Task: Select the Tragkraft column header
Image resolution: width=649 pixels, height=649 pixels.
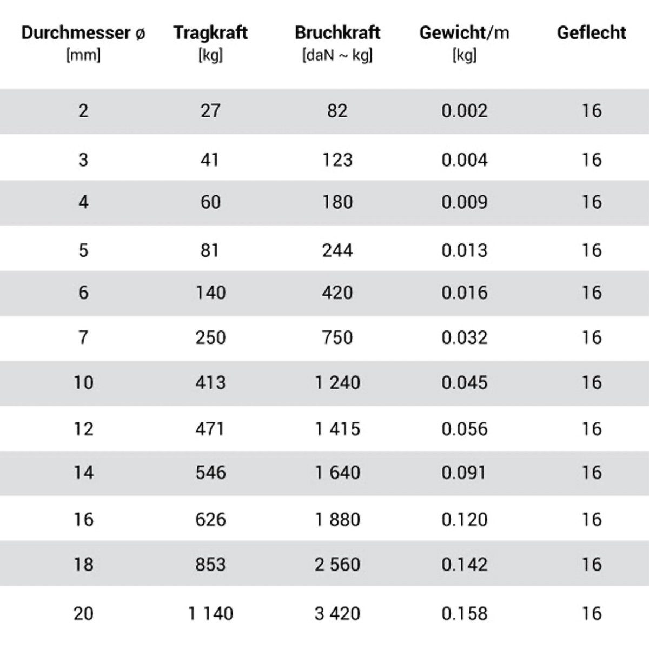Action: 210,33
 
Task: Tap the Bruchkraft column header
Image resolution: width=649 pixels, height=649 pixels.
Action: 337,33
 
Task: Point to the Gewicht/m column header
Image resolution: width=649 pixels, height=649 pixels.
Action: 464,33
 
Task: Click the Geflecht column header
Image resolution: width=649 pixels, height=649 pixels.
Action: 592,33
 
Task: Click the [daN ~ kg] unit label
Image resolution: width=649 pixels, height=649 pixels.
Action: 337,55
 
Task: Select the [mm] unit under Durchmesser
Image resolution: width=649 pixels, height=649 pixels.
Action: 83,55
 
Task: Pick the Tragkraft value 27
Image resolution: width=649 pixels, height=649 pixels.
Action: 210,111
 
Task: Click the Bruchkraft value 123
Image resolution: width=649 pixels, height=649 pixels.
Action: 337,160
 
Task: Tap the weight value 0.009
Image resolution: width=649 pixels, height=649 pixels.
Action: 464,202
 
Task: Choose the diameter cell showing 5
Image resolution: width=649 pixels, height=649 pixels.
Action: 83,250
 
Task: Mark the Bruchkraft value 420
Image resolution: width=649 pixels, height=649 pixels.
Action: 337,293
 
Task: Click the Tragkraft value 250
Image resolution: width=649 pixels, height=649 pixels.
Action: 210,338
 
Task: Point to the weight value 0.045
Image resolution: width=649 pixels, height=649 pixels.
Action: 464,383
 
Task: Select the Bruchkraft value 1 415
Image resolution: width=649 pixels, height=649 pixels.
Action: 337,429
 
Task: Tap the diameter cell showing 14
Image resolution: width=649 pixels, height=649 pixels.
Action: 83,473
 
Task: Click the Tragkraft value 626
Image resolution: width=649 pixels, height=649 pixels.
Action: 210,520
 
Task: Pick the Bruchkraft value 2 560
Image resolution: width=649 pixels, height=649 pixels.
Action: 337,565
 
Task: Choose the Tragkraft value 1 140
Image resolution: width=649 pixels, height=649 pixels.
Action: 210,613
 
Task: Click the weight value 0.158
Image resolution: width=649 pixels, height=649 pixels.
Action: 464,613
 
